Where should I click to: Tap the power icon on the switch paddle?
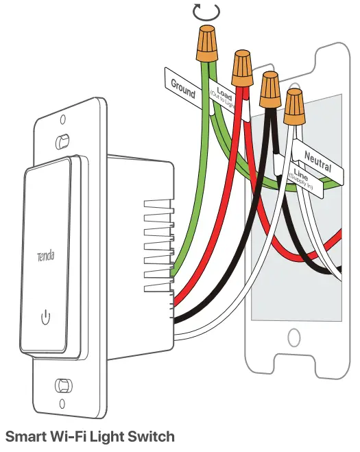click(45, 317)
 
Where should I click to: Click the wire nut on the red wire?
click(241, 65)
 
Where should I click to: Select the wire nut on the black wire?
click(268, 87)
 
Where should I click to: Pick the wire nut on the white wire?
click(295, 106)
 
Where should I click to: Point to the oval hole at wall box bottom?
click(293, 338)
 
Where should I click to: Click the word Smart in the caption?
click(27, 436)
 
